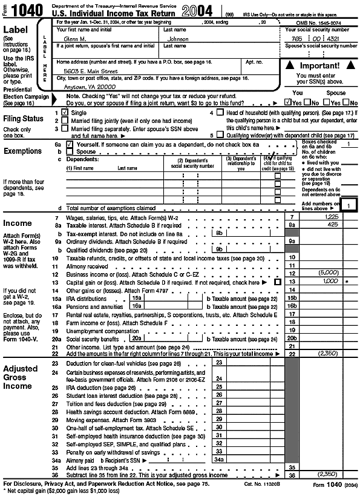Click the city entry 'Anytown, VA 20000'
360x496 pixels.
coord(81,86)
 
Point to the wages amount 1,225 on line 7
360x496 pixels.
coord(330,216)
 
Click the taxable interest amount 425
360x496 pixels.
coord(332,224)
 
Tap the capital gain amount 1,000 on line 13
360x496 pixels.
coord(332,282)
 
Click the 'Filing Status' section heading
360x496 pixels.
coord(24,119)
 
